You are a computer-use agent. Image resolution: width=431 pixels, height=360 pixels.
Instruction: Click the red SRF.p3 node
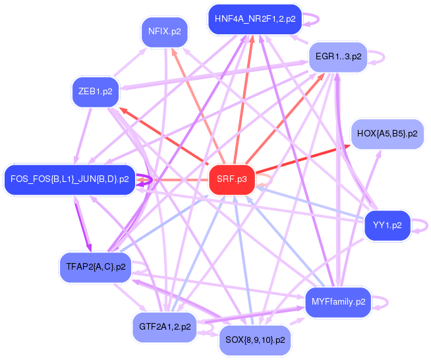231,179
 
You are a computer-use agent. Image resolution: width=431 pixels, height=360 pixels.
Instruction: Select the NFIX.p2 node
165,32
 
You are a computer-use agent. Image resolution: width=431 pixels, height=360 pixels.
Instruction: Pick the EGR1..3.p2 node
338,57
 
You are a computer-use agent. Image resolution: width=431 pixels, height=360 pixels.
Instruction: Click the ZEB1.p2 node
95,92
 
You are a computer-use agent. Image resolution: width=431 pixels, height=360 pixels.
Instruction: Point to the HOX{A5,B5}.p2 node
387,133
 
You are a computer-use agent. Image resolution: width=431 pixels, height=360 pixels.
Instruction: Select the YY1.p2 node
387,225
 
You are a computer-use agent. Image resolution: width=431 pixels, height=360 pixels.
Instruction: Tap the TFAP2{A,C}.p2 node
96,267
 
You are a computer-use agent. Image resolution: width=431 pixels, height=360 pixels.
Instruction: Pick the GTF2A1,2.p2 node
165,326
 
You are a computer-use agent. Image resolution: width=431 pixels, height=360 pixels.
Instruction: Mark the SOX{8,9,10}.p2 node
254,340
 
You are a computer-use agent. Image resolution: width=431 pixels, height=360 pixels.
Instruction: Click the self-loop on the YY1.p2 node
420,225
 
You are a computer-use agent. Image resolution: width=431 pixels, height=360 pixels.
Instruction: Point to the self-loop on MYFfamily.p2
382,301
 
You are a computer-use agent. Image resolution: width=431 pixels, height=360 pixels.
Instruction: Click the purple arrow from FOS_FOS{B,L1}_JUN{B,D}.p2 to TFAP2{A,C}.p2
80,221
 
